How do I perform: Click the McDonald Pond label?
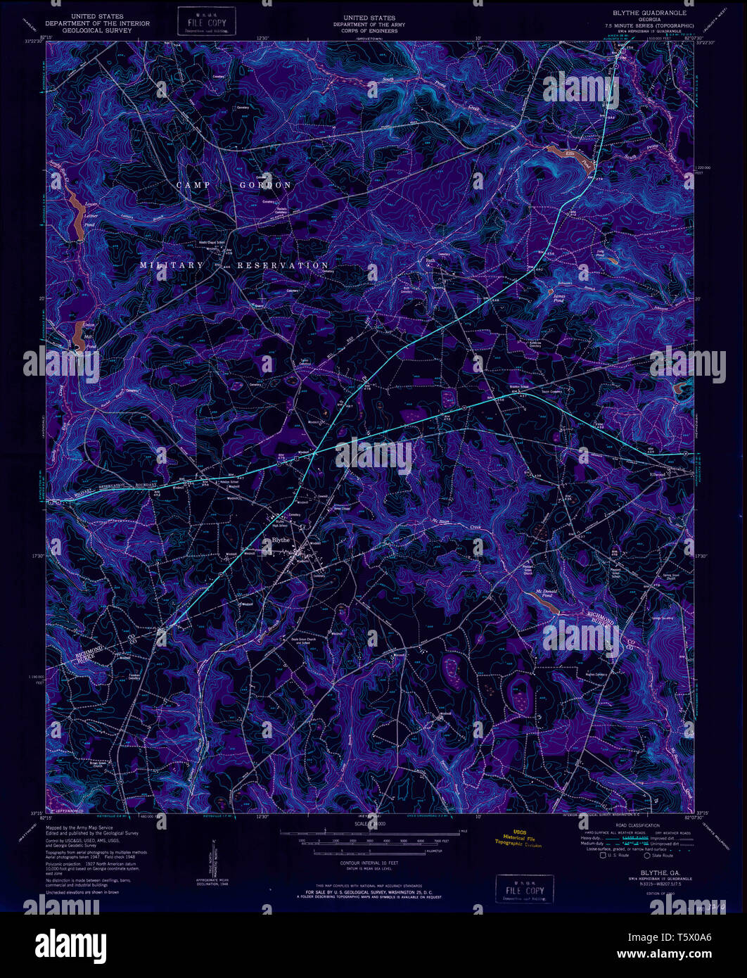(x=548, y=594)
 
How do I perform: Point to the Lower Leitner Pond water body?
(x=75, y=215)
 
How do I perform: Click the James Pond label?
(x=559, y=296)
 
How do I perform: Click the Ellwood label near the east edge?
(x=658, y=473)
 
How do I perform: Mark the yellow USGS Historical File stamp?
(x=518, y=839)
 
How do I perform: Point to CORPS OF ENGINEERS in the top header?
(x=369, y=31)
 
